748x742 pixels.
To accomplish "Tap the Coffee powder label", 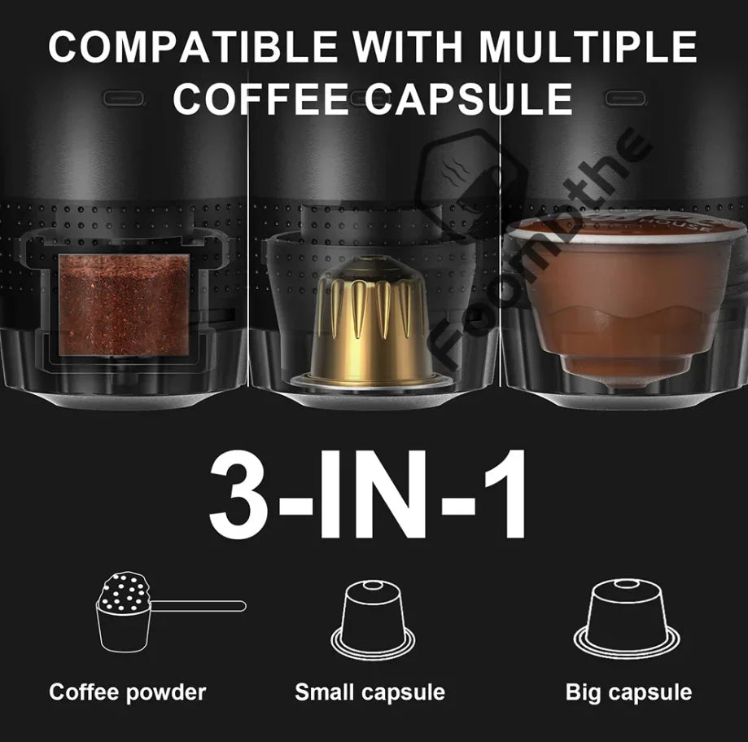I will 127,693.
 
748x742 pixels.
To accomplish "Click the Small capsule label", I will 370,693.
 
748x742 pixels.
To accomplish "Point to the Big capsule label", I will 628,693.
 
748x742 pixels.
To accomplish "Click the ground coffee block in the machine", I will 124,305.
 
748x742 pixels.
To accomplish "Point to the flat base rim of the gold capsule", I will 371,379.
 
